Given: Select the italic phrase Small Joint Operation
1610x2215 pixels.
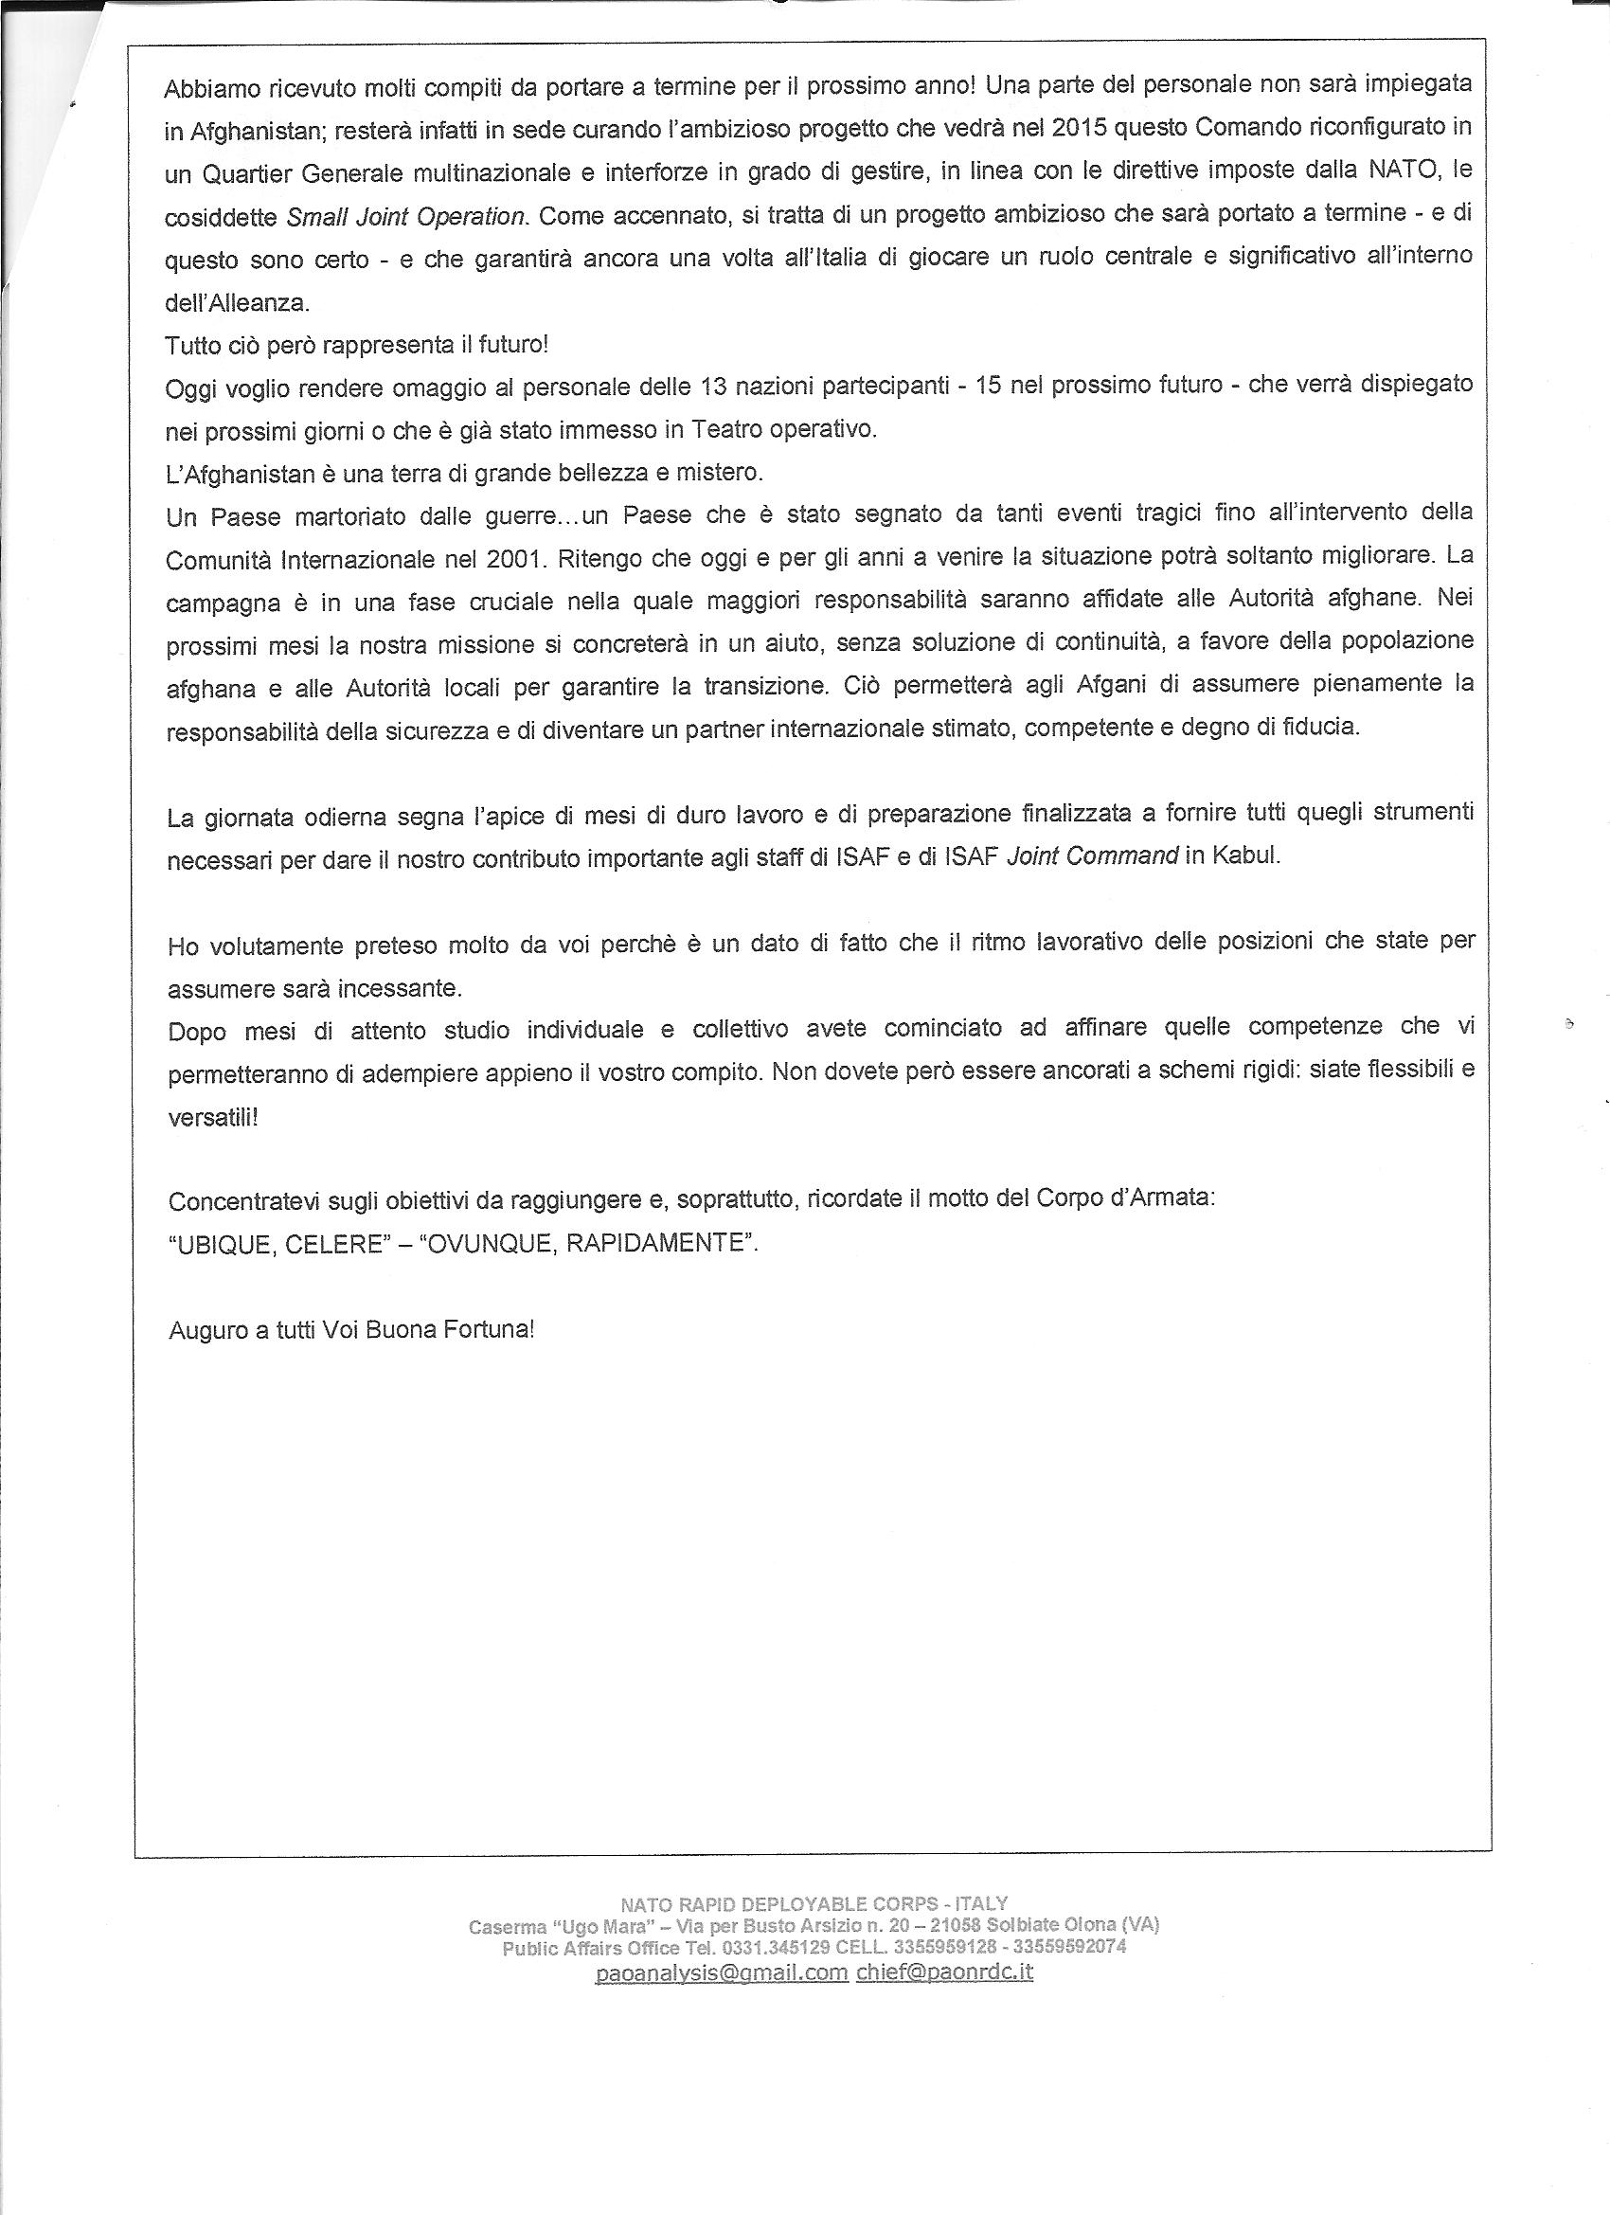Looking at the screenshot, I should pos(406,217).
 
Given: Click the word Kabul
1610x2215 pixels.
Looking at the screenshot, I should pos(1244,856).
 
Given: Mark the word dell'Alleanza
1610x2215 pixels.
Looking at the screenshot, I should pos(238,303).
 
